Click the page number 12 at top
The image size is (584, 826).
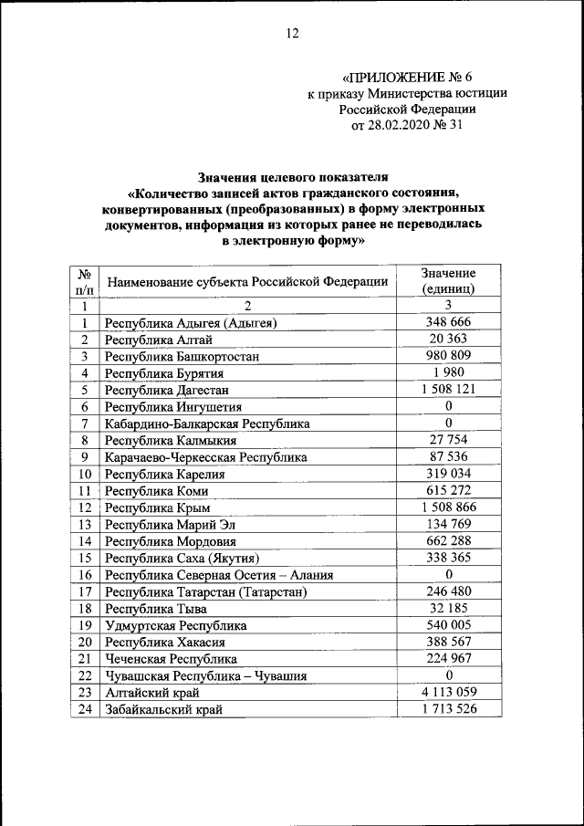[x=292, y=34]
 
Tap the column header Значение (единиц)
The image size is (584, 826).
[x=448, y=280]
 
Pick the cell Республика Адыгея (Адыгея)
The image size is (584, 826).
[x=191, y=323]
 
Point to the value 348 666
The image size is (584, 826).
[x=448, y=323]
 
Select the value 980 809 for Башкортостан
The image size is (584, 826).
[x=448, y=356]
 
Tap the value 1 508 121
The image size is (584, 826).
[x=448, y=390]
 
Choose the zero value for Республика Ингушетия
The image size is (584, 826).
[x=448, y=406]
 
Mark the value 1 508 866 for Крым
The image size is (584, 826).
[x=448, y=507]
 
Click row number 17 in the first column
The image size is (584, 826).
[x=84, y=591]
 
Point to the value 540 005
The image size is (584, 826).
[x=448, y=625]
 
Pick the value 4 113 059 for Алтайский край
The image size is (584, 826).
[x=448, y=692]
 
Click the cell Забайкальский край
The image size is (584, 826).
[x=163, y=709]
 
